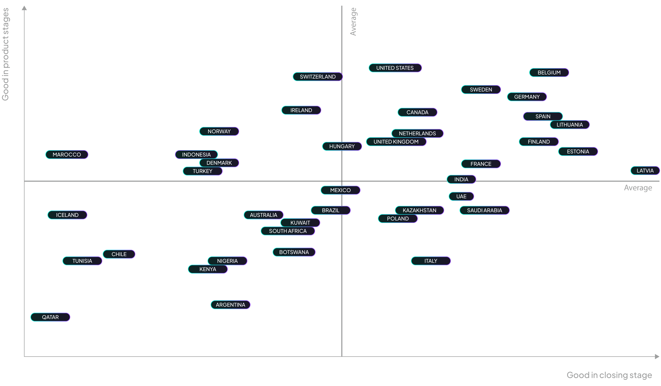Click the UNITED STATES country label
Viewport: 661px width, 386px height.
click(395, 68)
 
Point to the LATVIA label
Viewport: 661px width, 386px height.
click(645, 171)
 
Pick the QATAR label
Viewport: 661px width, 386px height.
click(50, 317)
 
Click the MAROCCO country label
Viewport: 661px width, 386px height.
click(67, 155)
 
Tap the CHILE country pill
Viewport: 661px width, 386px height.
click(119, 254)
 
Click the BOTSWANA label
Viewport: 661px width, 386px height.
click(294, 252)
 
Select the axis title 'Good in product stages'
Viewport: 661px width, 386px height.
click(6, 54)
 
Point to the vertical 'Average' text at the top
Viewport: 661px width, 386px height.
click(353, 22)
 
